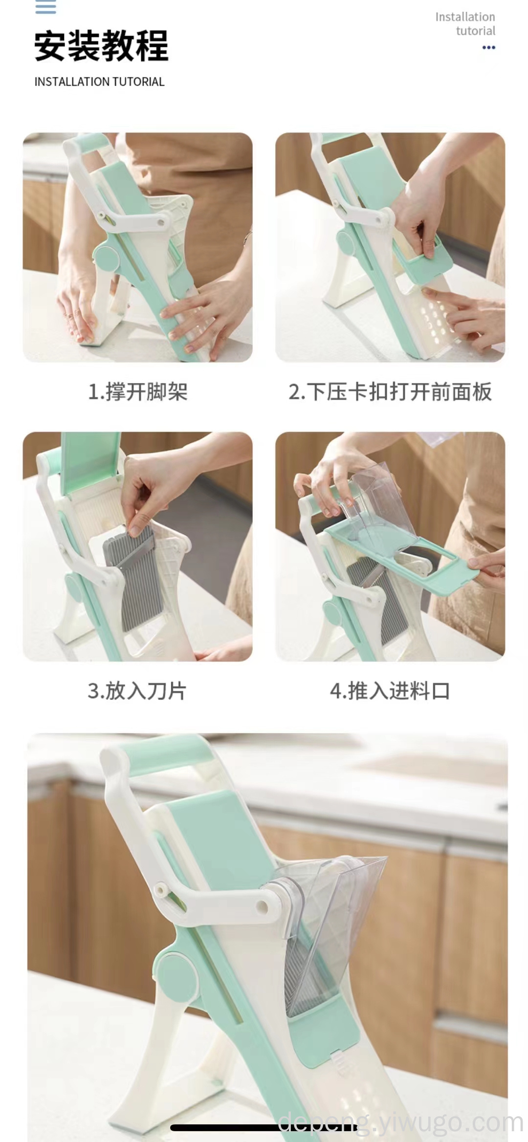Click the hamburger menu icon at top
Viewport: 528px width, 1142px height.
point(45,7)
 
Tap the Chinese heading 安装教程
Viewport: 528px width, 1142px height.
point(101,46)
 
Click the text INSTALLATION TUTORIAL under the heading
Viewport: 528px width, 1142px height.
point(99,82)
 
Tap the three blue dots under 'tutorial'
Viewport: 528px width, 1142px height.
point(488,47)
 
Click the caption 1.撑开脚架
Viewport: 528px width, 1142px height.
point(137,391)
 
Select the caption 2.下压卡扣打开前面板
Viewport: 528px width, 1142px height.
point(390,391)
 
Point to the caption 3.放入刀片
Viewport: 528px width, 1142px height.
point(137,691)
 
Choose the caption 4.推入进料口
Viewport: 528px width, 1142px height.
point(390,691)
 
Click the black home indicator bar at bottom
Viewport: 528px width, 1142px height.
point(264,1127)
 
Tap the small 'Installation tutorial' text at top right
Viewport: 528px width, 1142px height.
point(465,23)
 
